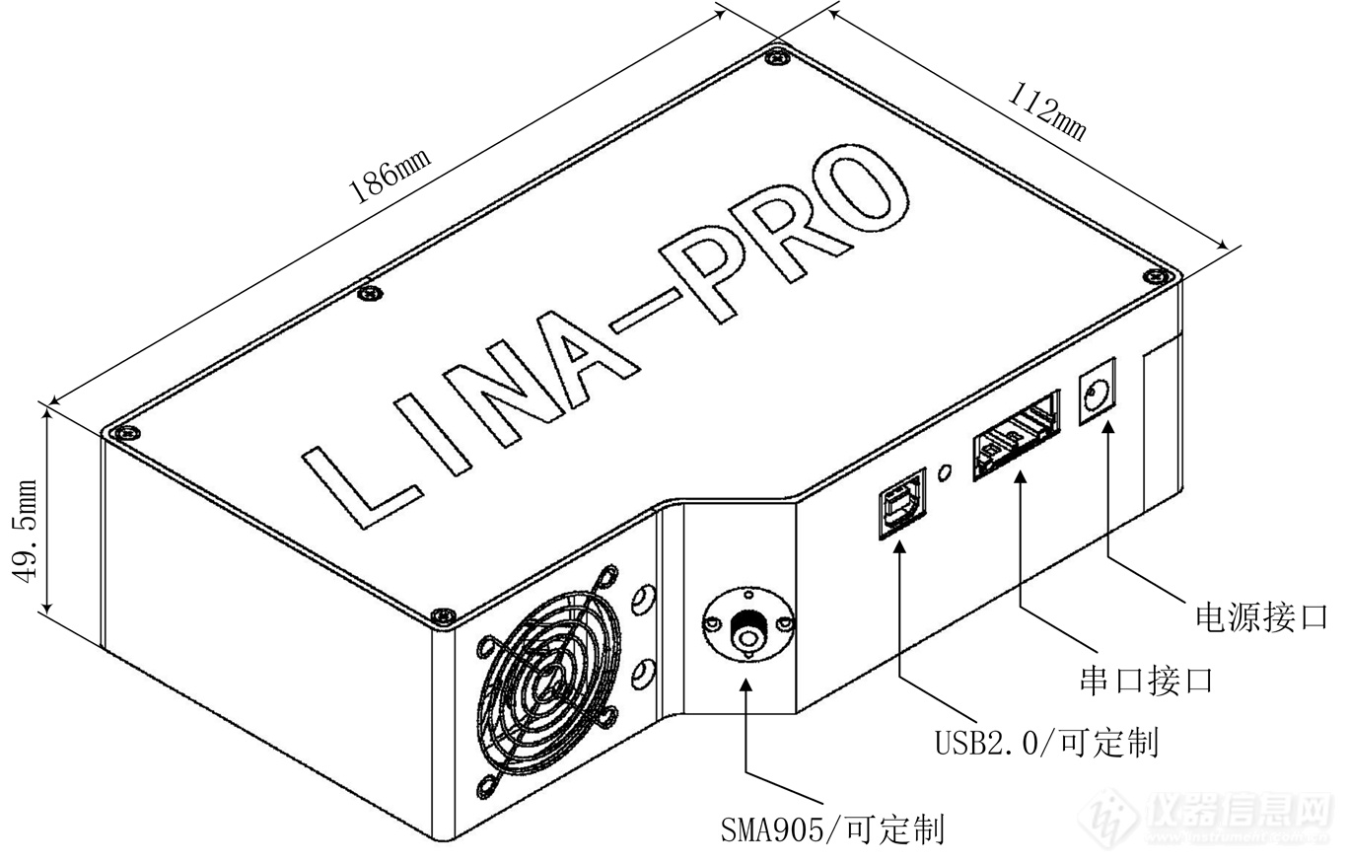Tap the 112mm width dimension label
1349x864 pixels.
pos(1046,112)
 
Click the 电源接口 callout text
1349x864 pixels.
pos(1261,617)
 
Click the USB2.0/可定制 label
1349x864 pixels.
pos(1046,743)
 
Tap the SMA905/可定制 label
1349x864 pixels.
pos(833,829)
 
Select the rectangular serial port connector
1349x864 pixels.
pos(1017,435)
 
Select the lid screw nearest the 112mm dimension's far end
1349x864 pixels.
pos(1157,276)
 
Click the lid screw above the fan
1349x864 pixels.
pos(443,615)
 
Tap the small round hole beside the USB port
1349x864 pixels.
pos(945,471)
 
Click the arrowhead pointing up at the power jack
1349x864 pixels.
pos(1108,427)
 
